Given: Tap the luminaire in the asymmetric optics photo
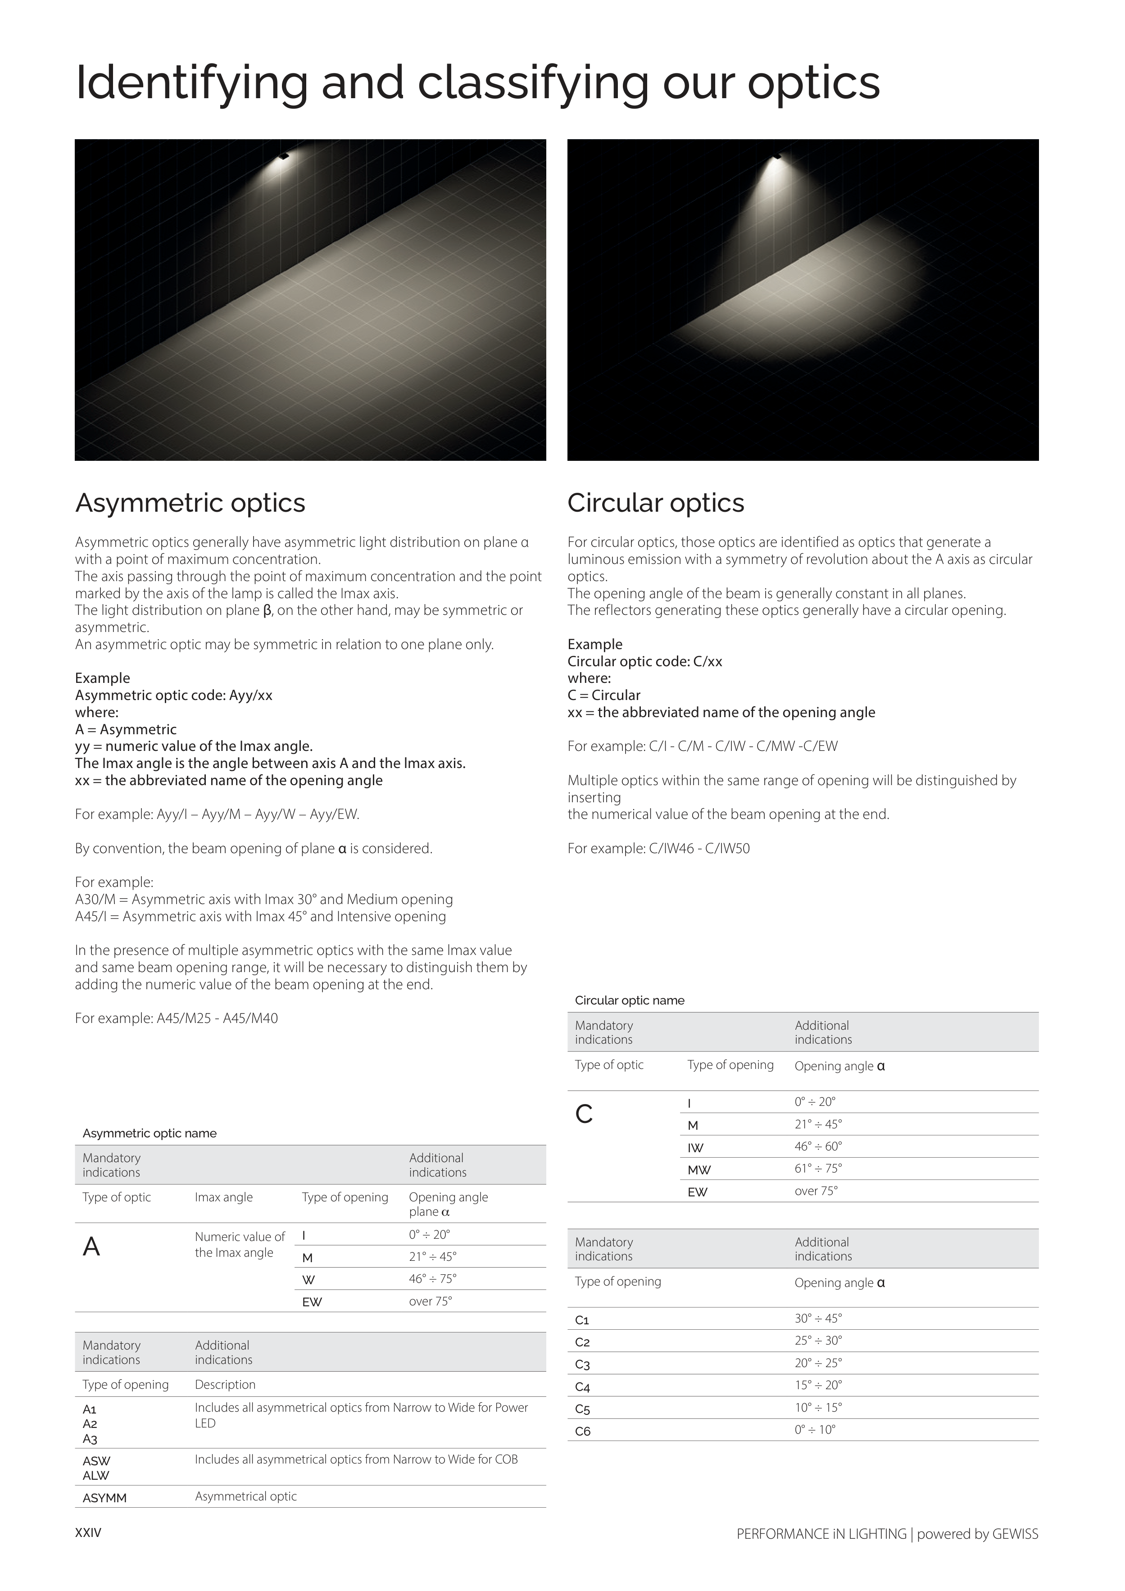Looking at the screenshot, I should (283, 157).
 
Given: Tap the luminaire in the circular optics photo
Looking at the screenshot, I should (777, 155).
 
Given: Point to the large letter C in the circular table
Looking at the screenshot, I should (584, 1114).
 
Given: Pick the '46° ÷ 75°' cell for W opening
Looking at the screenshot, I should (432, 1278).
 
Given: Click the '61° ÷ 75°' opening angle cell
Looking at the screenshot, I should (818, 1168).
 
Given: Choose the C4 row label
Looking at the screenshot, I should (583, 1387).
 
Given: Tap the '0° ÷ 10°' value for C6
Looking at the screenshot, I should (815, 1430).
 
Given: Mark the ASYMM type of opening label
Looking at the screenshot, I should (104, 1498).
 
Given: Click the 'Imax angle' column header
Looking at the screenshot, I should (224, 1197).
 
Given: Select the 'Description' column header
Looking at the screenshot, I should (225, 1385).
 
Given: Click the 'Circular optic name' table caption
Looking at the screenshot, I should (629, 1000).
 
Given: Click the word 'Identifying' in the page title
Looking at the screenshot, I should (191, 83).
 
